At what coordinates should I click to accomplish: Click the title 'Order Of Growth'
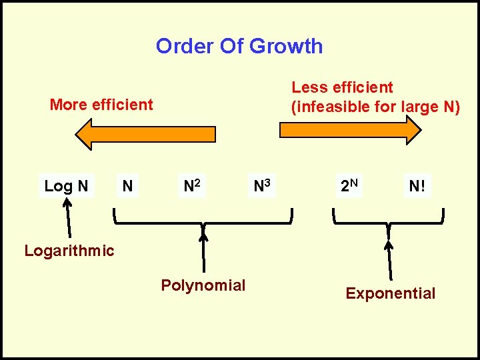point(239,46)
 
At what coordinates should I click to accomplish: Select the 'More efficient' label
point(101,105)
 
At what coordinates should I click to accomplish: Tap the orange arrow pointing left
point(145,134)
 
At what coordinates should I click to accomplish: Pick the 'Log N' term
point(66,186)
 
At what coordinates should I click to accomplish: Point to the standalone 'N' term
point(127,186)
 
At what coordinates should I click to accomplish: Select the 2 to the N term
point(349,186)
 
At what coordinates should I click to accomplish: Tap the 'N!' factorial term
point(418,187)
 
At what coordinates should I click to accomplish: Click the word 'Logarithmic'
point(69,251)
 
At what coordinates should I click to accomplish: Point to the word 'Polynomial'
point(203,285)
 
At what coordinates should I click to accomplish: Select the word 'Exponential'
point(391,293)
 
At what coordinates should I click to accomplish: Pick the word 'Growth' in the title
point(287,46)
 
